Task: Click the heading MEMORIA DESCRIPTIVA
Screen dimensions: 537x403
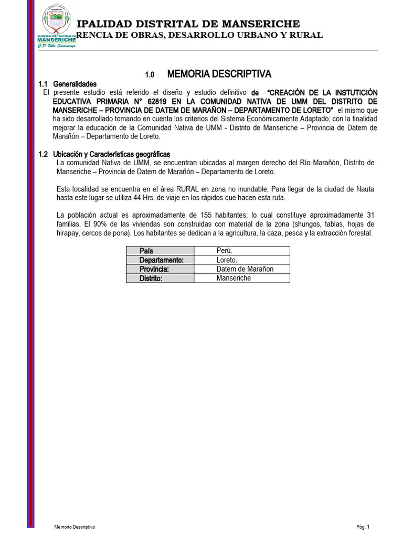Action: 219,73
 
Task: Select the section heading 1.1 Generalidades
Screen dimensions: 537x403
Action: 68,84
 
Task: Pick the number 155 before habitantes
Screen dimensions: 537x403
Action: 219,215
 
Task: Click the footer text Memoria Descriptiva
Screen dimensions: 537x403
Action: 74,527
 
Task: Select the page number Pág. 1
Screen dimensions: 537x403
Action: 363,527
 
